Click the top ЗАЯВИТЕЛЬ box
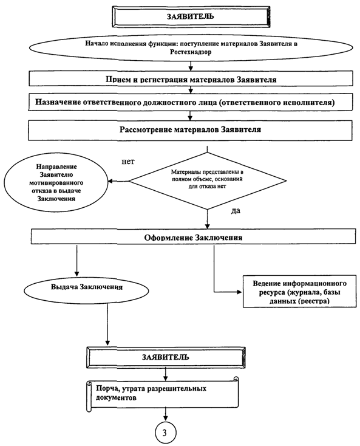[x=191, y=17]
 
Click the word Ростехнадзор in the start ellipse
[x=191, y=52]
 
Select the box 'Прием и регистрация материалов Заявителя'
[x=191, y=78]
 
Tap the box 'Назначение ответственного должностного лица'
[x=190, y=102]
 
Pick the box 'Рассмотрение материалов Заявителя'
[x=190, y=130]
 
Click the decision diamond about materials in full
[x=208, y=180]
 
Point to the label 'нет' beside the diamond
[x=128, y=162]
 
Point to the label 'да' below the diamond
[x=236, y=211]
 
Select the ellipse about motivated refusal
[x=56, y=183]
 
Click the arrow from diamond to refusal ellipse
[x=118, y=181]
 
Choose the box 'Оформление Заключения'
[x=193, y=236]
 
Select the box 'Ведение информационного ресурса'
[x=299, y=291]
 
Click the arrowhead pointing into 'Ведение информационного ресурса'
[x=239, y=292]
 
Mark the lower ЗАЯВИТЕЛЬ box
[x=166, y=357]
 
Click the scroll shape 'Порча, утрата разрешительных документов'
[x=162, y=393]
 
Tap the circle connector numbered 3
[x=165, y=433]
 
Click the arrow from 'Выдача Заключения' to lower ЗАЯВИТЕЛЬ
[x=107, y=324]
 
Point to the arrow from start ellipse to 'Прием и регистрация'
[x=191, y=66]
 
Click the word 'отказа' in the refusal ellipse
[x=41, y=191]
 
